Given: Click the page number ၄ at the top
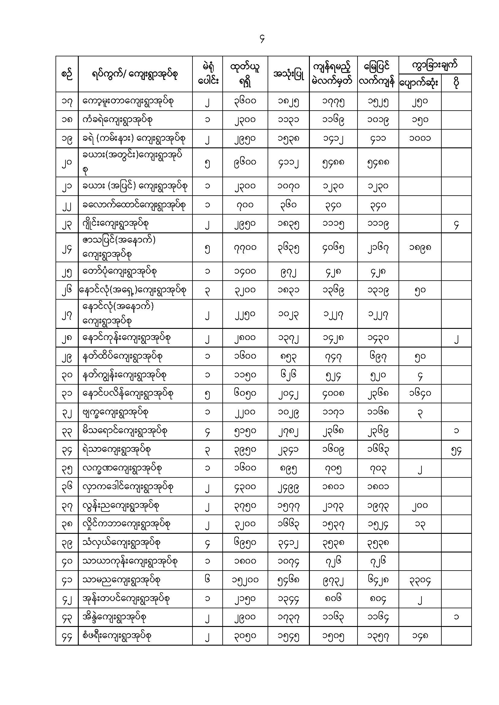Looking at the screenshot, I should (x=262, y=39).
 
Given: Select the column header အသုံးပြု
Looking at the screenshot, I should (x=288, y=74).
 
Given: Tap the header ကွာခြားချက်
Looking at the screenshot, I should (x=434, y=65).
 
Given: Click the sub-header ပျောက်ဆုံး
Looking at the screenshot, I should (x=419, y=83).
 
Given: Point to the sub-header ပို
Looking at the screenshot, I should (x=456, y=83).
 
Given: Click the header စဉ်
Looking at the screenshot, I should (x=67, y=74).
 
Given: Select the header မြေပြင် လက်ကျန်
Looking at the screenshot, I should (x=378, y=74).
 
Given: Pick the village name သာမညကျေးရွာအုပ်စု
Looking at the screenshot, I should (x=121, y=580).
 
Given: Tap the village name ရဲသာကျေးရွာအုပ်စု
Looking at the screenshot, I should (x=116, y=449).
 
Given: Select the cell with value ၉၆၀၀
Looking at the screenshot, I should (x=245, y=162).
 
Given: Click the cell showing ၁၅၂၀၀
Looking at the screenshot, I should (x=245, y=580).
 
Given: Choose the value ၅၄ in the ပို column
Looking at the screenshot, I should (x=456, y=450).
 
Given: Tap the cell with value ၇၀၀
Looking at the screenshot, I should (x=245, y=205).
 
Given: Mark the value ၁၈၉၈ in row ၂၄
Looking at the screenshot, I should (x=420, y=247).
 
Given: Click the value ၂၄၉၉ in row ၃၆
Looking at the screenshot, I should (x=288, y=487).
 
